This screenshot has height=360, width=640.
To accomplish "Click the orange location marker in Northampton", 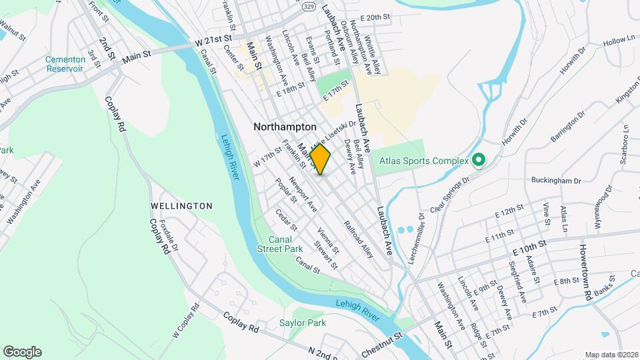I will pyautogui.click(x=320, y=160).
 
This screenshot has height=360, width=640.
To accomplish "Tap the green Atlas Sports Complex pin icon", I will pyautogui.click(x=478, y=160).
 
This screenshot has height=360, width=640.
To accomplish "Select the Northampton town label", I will pyautogui.click(x=285, y=126).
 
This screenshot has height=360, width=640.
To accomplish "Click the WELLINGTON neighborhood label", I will pyautogui.click(x=181, y=206).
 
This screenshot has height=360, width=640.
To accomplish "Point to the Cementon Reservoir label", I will pyautogui.click(x=65, y=64).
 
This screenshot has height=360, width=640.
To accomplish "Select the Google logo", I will pyautogui.click(x=22, y=352).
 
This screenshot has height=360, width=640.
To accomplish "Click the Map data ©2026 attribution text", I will pyautogui.click(x=611, y=355).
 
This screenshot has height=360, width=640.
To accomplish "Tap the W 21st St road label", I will pyautogui.click(x=211, y=41).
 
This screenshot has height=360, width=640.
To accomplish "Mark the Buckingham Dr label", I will pyautogui.click(x=556, y=181).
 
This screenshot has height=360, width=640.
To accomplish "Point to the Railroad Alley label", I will pyautogui.click(x=359, y=240).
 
